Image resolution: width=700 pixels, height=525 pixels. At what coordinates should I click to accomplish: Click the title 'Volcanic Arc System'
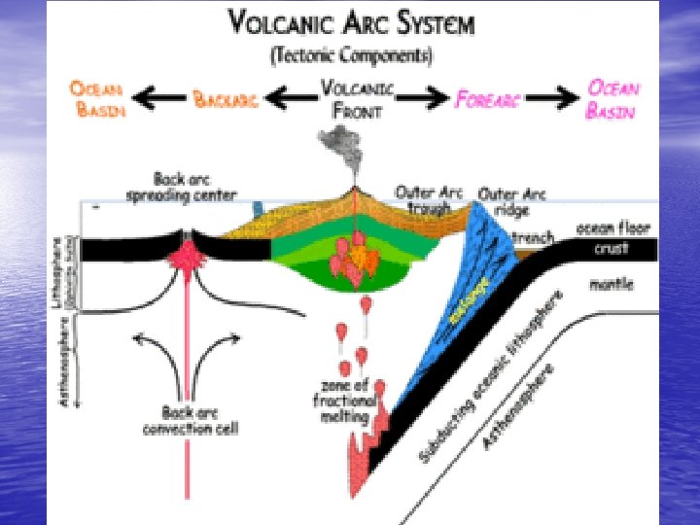(352, 22)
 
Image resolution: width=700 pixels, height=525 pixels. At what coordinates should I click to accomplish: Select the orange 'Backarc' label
(226, 98)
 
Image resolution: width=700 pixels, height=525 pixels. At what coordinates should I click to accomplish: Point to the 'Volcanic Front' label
(357, 98)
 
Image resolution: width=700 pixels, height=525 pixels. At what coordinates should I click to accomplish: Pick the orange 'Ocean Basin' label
(97, 98)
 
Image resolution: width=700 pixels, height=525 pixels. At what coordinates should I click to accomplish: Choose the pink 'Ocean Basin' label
(612, 98)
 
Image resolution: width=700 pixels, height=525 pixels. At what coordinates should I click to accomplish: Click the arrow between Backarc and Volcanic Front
(289, 97)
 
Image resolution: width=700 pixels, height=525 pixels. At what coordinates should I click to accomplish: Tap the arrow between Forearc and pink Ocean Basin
(553, 97)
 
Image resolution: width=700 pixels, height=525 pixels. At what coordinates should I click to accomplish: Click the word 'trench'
(533, 236)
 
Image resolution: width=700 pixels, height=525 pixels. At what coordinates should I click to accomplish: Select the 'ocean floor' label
(613, 228)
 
